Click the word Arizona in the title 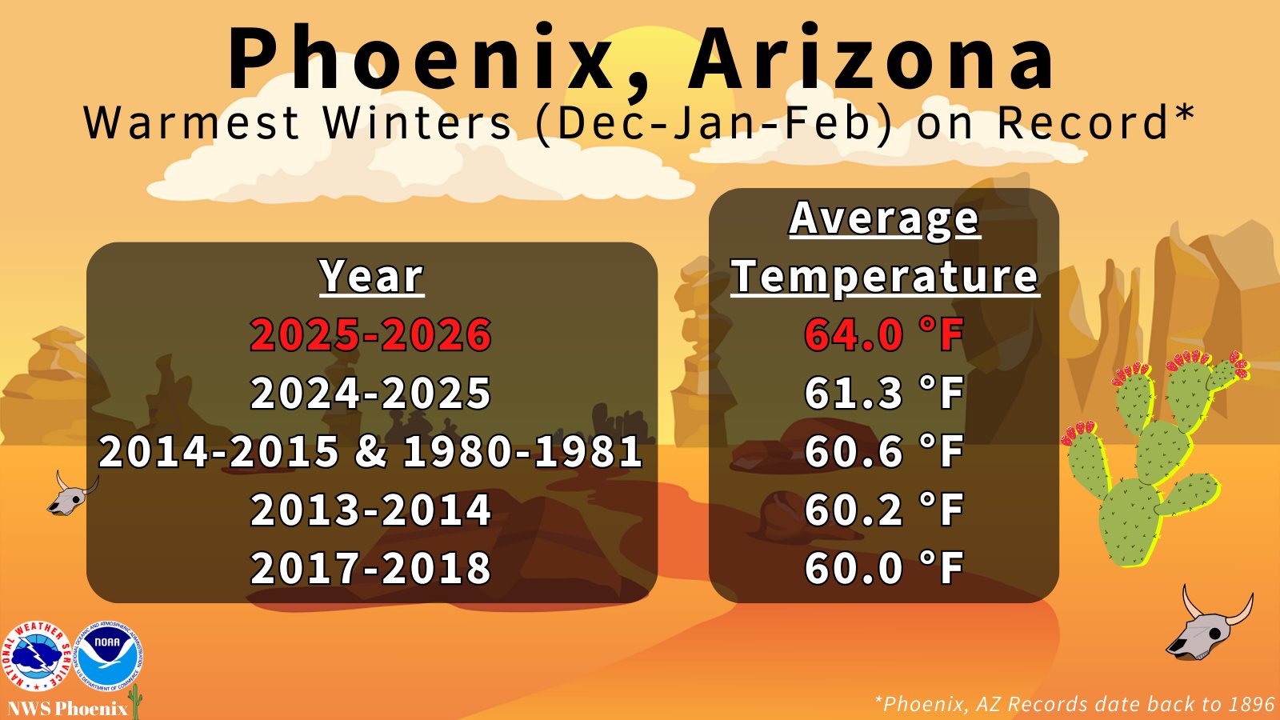(x=871, y=56)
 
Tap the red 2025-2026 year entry (x=371, y=334)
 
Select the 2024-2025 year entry (x=371, y=393)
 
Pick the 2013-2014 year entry (x=371, y=509)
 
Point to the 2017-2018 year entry (x=371, y=567)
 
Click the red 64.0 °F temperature (x=884, y=334)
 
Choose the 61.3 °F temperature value (x=884, y=393)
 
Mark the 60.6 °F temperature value (x=884, y=451)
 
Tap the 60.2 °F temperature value (x=884, y=509)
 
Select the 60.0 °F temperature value (x=884, y=567)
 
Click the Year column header (x=372, y=277)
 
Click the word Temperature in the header (x=885, y=277)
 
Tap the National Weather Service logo (x=38, y=656)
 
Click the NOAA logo (x=109, y=656)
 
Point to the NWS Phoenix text (x=67, y=709)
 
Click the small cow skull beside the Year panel (x=72, y=494)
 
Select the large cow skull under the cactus (x=1209, y=626)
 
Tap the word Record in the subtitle (x=1083, y=122)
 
